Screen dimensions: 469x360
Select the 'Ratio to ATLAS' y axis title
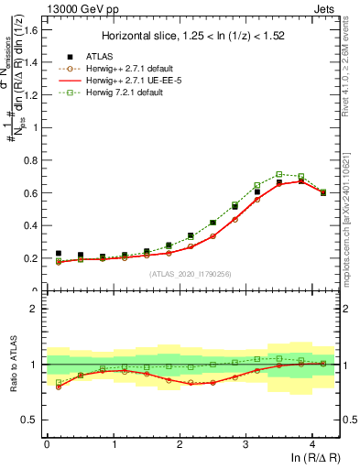13,365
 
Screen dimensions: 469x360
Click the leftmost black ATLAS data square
59,253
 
